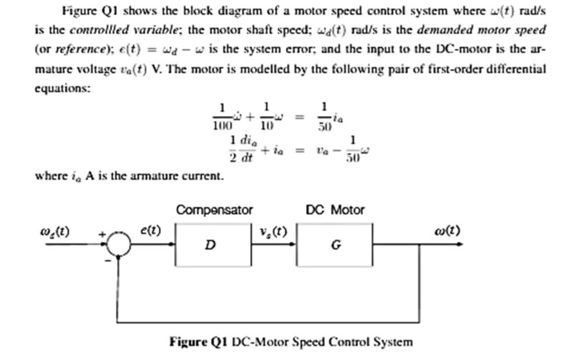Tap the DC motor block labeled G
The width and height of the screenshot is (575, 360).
[x=334, y=245]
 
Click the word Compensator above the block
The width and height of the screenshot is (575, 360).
[x=214, y=210]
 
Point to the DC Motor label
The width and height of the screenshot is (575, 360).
[x=335, y=210]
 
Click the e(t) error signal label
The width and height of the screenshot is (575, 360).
[x=151, y=230]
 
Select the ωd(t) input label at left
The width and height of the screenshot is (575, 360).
[x=54, y=232]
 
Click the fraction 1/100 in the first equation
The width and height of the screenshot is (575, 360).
[x=222, y=116]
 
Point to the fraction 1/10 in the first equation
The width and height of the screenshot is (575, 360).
[x=266, y=116]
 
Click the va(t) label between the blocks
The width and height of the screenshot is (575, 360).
[x=273, y=230]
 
